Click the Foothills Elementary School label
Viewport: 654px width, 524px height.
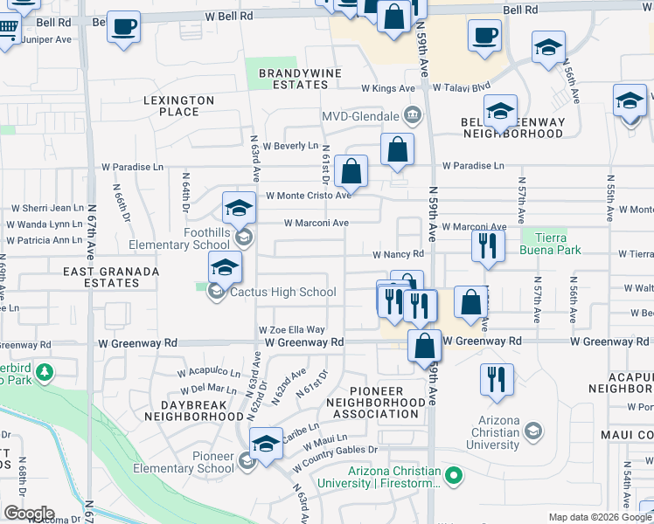(181, 238)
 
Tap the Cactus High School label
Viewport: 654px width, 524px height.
(282, 293)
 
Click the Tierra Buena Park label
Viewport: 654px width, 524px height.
(549, 244)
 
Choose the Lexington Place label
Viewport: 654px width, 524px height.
(178, 107)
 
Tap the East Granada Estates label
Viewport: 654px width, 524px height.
(111, 277)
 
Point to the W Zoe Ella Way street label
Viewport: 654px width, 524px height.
(291, 330)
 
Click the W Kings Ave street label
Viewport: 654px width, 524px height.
(388, 88)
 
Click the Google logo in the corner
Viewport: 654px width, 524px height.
(29, 514)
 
